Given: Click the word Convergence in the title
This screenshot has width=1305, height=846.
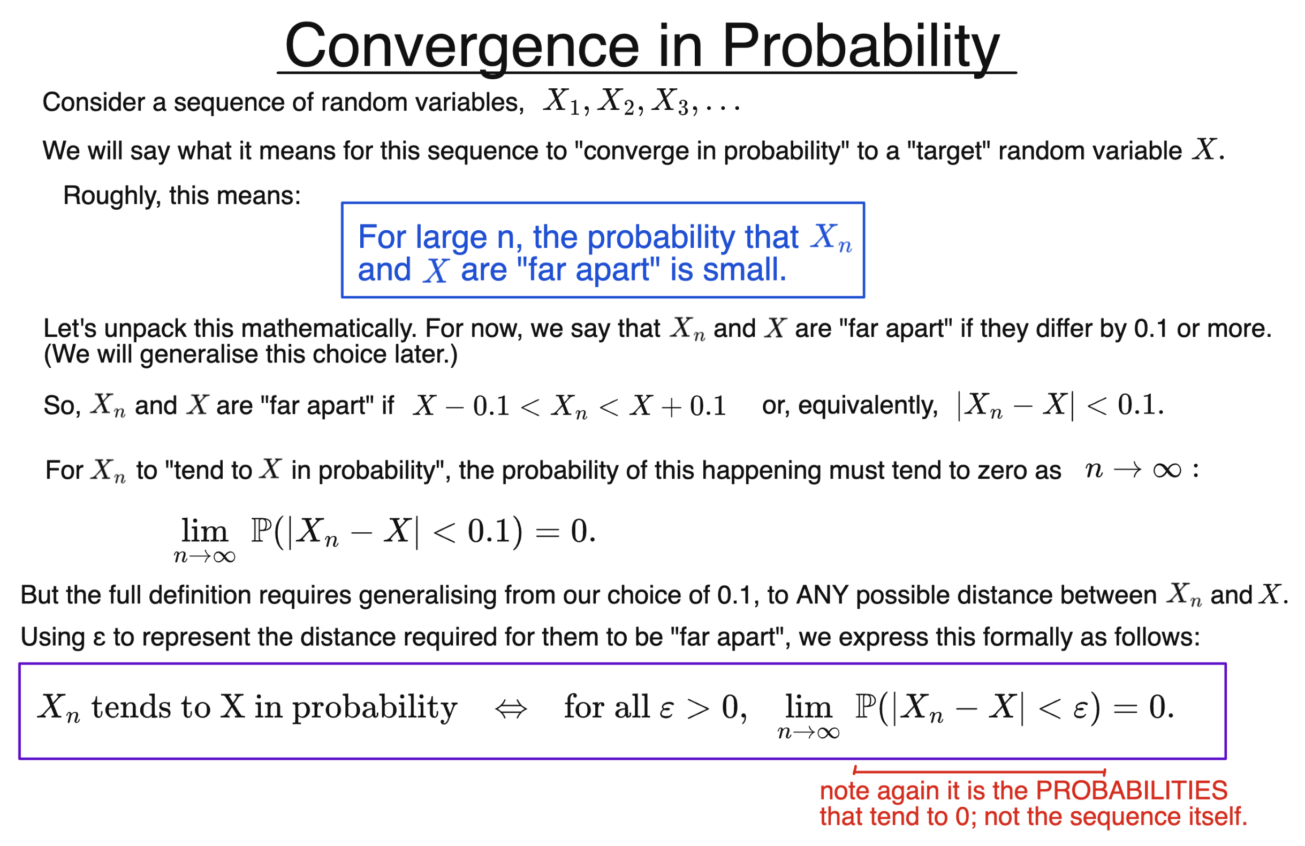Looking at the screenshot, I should (x=462, y=47).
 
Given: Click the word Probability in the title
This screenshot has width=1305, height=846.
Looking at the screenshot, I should (x=860, y=47).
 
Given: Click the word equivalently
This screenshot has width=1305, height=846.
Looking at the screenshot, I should (x=867, y=406).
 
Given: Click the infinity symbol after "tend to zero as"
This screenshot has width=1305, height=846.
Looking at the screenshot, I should (x=1166, y=470).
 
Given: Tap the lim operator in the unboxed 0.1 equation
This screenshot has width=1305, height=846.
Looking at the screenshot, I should (x=204, y=531).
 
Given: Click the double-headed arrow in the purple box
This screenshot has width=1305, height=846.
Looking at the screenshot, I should (x=511, y=709).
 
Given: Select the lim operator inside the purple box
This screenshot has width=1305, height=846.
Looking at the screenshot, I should (x=808, y=707).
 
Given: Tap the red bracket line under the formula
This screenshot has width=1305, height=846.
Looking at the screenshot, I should (x=980, y=772).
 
